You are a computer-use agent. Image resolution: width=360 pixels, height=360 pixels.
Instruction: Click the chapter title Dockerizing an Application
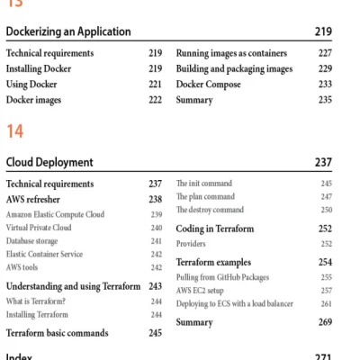68,31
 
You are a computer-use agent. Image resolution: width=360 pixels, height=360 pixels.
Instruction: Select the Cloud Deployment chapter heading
49,163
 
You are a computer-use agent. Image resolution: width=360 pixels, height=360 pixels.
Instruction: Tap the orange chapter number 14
14,132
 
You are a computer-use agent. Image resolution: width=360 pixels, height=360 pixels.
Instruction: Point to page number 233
325,85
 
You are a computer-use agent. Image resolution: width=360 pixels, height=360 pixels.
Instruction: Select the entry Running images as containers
235,53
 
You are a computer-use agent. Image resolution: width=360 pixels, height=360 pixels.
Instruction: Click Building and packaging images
234,68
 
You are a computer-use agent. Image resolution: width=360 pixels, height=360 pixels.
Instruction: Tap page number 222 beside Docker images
156,100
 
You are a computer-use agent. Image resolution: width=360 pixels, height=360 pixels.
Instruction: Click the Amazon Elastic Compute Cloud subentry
55,215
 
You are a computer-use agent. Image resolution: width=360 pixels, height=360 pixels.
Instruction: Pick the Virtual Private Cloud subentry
39,229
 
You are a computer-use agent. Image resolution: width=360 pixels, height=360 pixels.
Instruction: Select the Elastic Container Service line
44,255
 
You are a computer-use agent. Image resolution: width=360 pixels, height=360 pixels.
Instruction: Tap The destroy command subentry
209,210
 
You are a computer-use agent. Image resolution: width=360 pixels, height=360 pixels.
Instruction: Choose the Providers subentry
191,244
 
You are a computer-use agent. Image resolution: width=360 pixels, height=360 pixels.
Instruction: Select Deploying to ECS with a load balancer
234,304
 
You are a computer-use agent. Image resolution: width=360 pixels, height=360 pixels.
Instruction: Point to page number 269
325,322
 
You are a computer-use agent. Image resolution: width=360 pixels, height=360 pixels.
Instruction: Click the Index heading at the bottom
20,356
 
